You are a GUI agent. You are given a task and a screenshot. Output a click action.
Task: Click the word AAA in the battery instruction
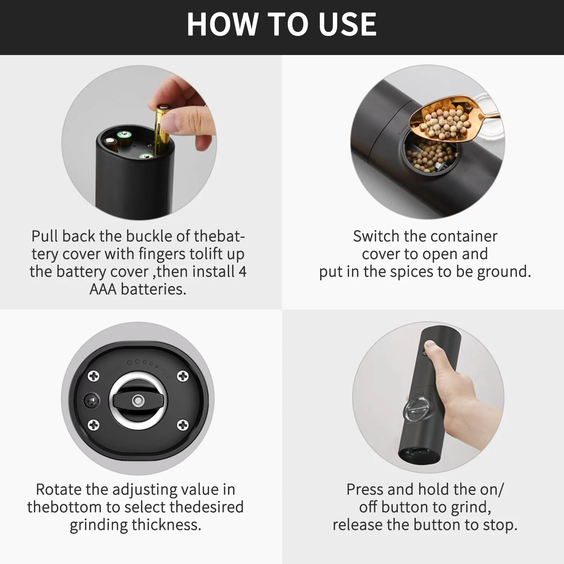[103, 289]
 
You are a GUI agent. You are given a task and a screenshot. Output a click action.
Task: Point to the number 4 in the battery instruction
[242, 272]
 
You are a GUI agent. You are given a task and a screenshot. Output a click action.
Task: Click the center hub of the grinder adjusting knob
[137, 400]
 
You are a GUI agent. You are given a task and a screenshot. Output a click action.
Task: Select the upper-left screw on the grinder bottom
[94, 376]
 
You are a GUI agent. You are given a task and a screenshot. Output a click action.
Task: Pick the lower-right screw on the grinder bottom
[183, 425]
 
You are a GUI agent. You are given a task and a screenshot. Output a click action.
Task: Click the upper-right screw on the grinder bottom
[183, 376]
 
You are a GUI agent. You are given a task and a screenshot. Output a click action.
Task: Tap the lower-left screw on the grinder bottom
[94, 425]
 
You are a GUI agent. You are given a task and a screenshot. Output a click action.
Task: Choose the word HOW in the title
[222, 24]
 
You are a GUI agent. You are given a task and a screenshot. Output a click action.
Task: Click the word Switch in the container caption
[376, 236]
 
